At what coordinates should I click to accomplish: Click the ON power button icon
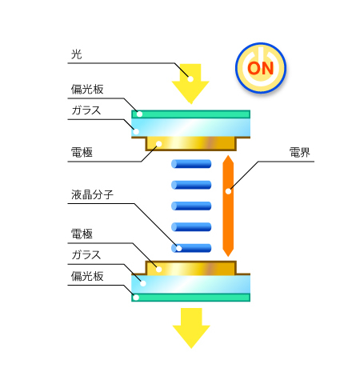coord(261,68)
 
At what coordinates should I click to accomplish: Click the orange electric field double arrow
coord(228,206)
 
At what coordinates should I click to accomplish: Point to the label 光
coord(76,54)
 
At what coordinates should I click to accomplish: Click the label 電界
coord(300,153)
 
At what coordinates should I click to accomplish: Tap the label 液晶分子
coord(92,194)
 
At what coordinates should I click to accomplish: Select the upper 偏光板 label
coord(87,90)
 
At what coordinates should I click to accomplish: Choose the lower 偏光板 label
coord(87,276)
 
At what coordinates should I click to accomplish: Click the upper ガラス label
coord(86,110)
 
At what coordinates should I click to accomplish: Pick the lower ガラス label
coord(86,255)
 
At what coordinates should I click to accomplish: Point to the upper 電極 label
coord(82,153)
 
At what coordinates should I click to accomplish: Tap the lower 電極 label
coord(82,234)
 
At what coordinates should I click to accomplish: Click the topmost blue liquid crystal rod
coord(191,164)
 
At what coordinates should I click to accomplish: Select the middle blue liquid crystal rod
coord(191,206)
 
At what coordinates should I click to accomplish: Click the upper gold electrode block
coord(191,144)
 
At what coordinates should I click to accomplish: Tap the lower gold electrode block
coord(191,268)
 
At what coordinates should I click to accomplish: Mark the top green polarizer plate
coord(191,114)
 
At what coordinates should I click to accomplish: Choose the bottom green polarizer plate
coord(191,298)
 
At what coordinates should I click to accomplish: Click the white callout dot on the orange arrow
coord(228,191)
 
